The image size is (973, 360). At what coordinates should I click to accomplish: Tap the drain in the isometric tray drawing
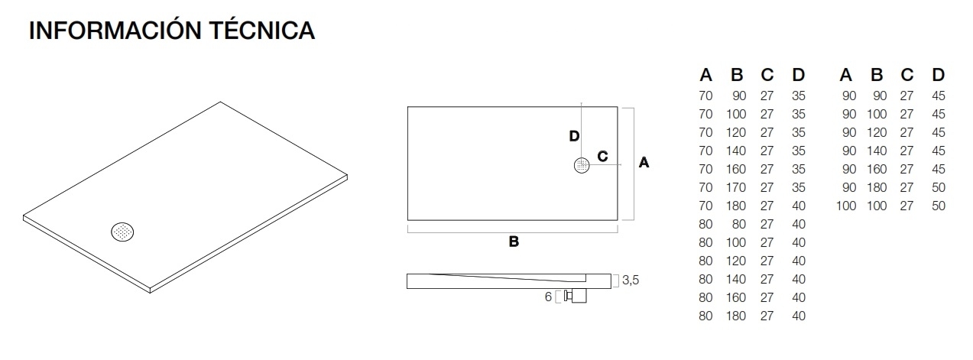123,232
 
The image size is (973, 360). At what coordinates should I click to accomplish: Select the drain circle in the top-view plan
582,165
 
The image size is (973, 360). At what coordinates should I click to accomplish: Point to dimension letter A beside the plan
644,163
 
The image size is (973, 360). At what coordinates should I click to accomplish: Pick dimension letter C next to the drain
602,157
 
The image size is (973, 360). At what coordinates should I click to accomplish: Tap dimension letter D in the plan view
574,136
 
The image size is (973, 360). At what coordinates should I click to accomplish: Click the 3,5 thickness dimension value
630,281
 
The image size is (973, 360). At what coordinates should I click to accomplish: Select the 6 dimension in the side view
549,297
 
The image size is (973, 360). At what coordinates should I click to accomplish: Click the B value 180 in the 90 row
877,187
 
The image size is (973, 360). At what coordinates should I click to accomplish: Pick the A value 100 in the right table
846,206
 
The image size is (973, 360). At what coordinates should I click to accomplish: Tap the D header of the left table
798,75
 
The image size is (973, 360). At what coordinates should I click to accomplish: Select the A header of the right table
846,75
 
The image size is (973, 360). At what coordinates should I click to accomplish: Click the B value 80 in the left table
739,224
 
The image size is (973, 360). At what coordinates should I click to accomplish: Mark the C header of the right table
907,75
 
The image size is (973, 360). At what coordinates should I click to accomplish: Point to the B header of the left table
737,75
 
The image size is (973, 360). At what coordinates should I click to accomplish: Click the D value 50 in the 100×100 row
939,206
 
